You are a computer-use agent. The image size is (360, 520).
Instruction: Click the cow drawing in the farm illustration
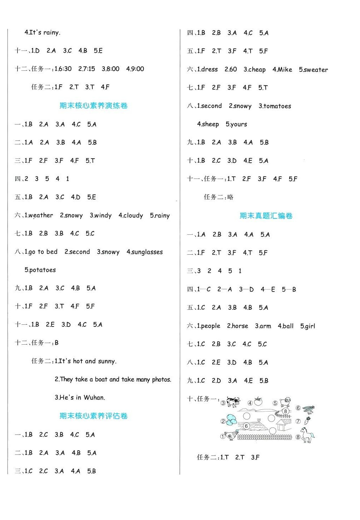tap(233, 402)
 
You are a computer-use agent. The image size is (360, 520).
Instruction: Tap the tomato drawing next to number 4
tap(258, 402)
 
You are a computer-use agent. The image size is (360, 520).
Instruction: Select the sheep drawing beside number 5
tap(285, 402)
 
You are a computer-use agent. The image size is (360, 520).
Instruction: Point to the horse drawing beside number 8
tap(307, 435)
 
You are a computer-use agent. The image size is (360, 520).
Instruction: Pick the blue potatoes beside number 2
tap(231, 419)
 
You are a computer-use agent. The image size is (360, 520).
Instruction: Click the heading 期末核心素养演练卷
tap(93, 106)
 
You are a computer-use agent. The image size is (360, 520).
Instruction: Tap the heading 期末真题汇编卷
tap(266, 216)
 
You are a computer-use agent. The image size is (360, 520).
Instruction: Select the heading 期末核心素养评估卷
tap(93, 416)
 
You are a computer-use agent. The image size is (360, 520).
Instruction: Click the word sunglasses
tap(147, 252)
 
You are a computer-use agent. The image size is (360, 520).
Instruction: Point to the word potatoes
tap(42, 270)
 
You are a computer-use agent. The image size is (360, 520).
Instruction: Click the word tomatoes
tap(277, 106)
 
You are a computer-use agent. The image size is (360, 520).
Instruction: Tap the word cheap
tap(257, 69)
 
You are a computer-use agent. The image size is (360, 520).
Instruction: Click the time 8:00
tap(113, 69)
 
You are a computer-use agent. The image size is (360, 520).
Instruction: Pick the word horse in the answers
tap(240, 326)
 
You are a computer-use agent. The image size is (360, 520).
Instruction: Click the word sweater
tap(316, 70)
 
